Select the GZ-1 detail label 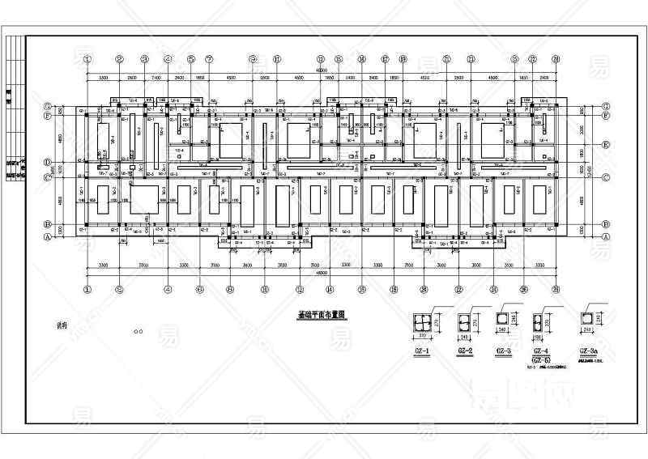(x=421, y=352)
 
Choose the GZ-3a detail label (x=589, y=352)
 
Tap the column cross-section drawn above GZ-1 (x=421, y=321)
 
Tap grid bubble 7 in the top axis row (x=209, y=59)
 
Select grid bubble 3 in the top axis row (x=144, y=59)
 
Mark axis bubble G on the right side (x=606, y=106)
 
